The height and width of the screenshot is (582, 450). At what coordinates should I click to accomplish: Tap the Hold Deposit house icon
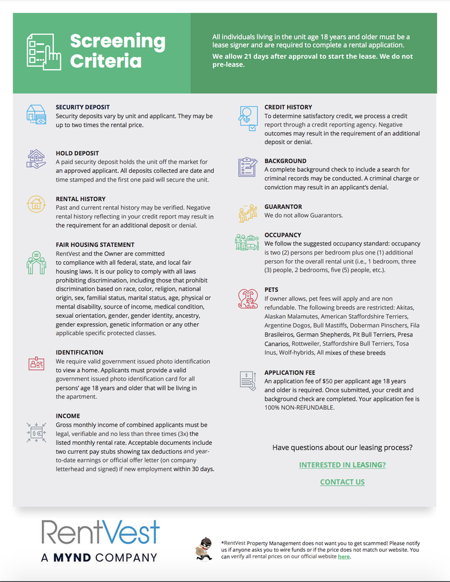point(36,159)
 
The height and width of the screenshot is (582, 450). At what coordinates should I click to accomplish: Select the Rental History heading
point(81,199)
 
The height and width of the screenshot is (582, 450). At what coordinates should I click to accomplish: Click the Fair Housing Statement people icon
point(36,262)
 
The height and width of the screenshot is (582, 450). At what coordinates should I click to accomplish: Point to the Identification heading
point(79,352)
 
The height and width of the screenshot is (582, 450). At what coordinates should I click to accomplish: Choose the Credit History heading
point(288,107)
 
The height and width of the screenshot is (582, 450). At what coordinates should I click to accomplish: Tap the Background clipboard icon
point(247,167)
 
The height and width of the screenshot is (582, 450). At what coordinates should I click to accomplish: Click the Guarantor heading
point(283,207)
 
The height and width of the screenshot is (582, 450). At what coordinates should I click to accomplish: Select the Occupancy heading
point(283,235)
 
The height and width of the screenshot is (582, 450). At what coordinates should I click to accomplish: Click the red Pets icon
point(247,298)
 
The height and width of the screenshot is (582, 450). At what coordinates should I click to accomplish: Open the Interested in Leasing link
point(342,465)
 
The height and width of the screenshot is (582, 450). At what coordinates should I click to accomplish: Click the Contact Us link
point(342,482)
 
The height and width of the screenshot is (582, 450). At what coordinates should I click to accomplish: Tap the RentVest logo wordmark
point(101,532)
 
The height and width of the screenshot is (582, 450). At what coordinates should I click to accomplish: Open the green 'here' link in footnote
point(343,557)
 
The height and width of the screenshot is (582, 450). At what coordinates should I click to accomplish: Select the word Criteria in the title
point(106,61)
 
